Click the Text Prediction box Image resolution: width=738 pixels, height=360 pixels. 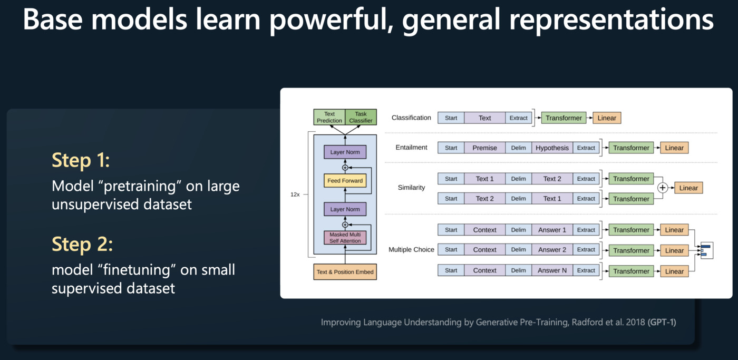click(329, 117)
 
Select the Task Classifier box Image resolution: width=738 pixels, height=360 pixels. click(361, 117)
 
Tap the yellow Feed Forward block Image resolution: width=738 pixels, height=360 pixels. click(345, 181)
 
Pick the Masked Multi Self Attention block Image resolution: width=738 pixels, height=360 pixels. click(345, 238)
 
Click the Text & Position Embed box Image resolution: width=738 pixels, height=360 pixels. click(345, 272)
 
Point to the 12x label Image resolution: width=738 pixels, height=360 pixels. click(295, 194)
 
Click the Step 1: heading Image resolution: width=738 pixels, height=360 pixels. click(81, 160)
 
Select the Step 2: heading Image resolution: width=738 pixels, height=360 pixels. click(82, 244)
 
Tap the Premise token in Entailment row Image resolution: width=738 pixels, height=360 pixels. click(484, 148)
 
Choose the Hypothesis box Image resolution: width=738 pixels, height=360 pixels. click(552, 148)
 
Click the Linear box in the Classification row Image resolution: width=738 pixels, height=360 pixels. click(607, 118)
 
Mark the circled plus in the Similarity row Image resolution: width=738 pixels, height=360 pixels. click(663, 188)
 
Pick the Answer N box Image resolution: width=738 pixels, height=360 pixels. click(552, 270)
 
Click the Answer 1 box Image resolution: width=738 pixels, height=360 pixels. click(552, 230)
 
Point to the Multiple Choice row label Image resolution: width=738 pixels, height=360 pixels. click(411, 250)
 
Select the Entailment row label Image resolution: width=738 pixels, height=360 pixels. click(411, 148)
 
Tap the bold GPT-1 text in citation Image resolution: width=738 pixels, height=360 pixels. click(662, 322)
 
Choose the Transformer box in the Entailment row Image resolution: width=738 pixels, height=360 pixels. click(631, 148)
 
